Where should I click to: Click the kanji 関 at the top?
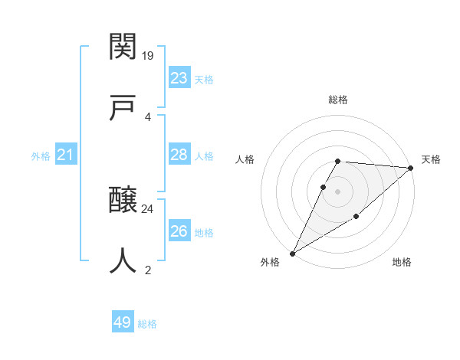tap(123, 47)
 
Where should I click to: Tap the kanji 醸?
tap(123, 201)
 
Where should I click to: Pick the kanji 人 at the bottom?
tap(123, 261)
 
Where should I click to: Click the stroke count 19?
tap(148, 55)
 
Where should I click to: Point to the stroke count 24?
tap(148, 208)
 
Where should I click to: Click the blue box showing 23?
tap(179, 78)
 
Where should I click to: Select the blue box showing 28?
tap(179, 155)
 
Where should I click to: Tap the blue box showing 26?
tap(179, 231)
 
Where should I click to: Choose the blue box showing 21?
tap(65, 155)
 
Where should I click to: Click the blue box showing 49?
tap(123, 322)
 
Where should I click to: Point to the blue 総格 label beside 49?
tap(147, 324)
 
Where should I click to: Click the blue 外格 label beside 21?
tap(41, 156)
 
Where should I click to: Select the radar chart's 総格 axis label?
tap(337, 100)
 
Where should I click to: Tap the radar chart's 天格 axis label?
tap(431, 159)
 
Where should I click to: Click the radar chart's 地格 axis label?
tap(402, 262)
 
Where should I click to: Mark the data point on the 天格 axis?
tap(411, 168)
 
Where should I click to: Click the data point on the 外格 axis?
tap(292, 254)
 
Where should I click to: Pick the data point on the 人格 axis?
tap(324, 187)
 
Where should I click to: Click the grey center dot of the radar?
tap(337, 191)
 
